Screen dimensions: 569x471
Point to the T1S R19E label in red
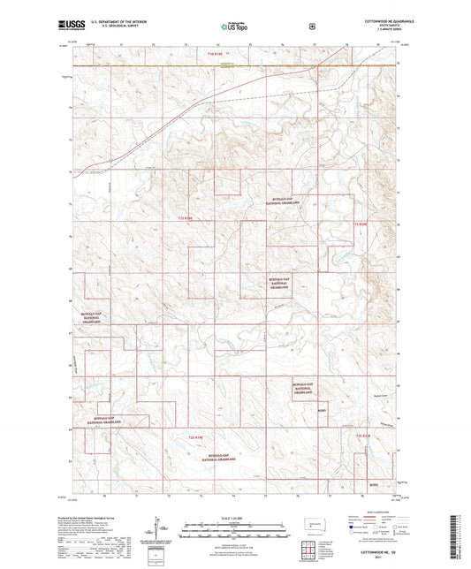185,216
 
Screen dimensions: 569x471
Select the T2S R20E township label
363,436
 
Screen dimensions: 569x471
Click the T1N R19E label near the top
217,56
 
